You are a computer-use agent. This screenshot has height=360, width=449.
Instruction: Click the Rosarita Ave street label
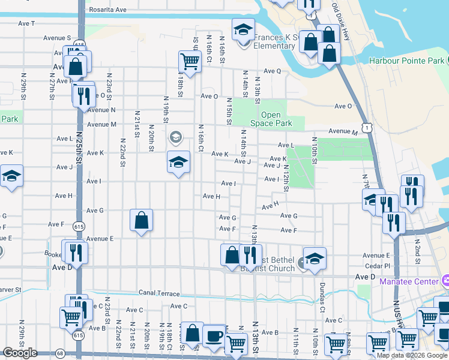click(x=107, y=10)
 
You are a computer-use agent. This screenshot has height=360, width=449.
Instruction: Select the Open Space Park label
click(x=276, y=119)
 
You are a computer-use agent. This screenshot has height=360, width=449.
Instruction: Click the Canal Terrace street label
click(x=158, y=293)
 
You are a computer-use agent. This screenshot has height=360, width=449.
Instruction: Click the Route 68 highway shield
click(x=60, y=354)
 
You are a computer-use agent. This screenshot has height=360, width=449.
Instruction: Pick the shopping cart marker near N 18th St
click(x=190, y=61)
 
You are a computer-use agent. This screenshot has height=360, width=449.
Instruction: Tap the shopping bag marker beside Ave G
click(x=141, y=220)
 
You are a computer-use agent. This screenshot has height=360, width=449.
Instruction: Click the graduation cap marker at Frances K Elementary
click(x=244, y=29)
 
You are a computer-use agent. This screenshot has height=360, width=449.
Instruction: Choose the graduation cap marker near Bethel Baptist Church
click(x=314, y=258)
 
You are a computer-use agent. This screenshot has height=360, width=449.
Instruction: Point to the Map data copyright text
click(x=411, y=355)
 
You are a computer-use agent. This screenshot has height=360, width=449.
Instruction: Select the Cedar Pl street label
click(x=378, y=265)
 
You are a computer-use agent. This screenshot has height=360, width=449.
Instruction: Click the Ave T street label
click(x=27, y=23)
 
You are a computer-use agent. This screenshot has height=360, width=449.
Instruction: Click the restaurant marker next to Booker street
click(x=76, y=252)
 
